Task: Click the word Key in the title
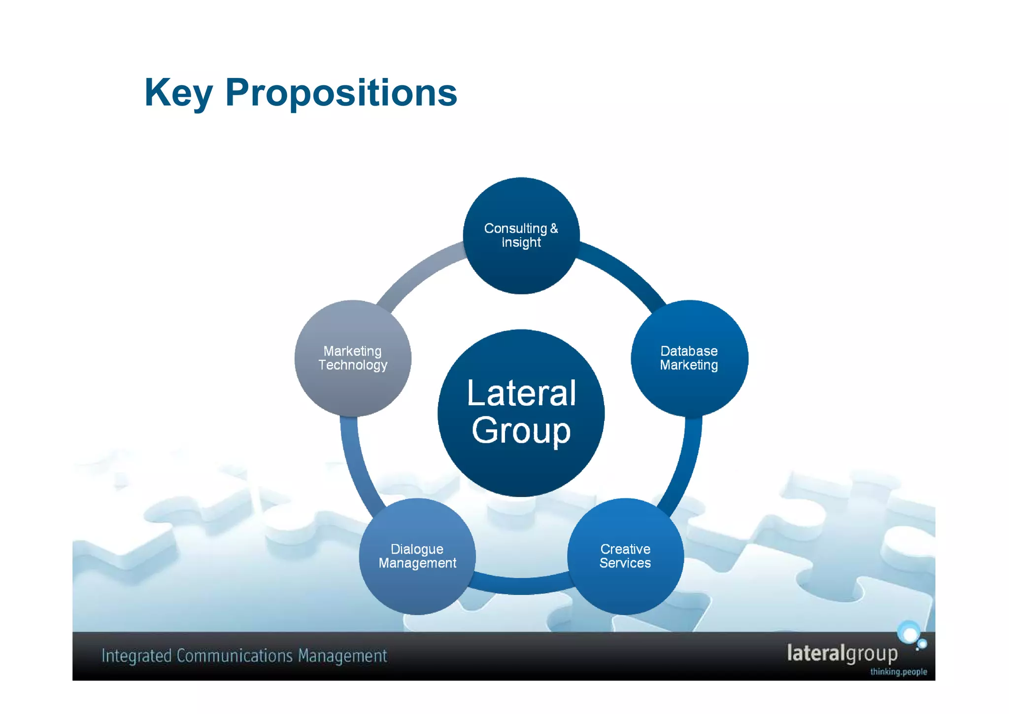(x=178, y=93)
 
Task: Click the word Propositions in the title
(x=341, y=93)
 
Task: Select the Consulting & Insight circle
(x=521, y=236)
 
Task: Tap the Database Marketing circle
(x=689, y=358)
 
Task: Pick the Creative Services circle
(x=625, y=556)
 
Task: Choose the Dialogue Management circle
(x=417, y=556)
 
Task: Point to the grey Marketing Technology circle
(x=353, y=358)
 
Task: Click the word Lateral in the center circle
(x=521, y=393)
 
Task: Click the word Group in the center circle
(x=521, y=430)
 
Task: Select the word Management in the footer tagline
(x=342, y=656)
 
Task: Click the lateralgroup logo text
(x=842, y=653)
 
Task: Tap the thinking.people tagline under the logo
(x=898, y=672)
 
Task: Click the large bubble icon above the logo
(x=908, y=633)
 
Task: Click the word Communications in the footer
(x=235, y=656)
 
